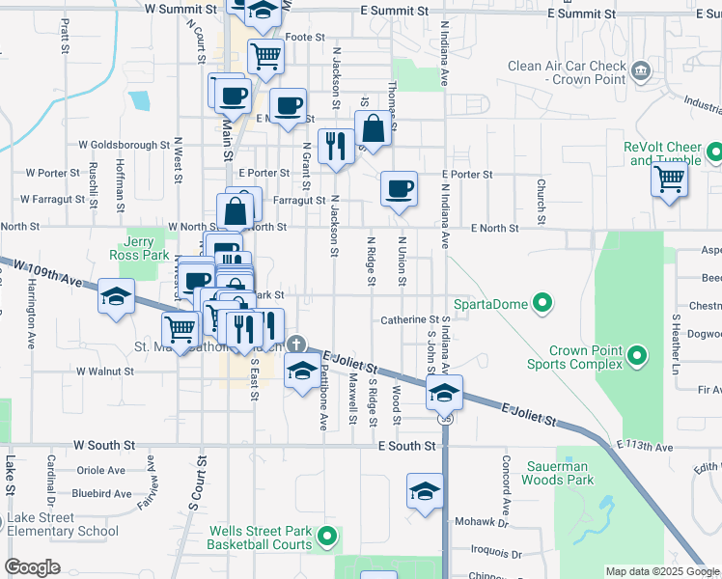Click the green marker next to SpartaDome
pyautogui.click(x=542, y=304)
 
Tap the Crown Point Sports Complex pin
pyautogui.click(x=636, y=357)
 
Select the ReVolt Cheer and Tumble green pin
pyautogui.click(x=714, y=152)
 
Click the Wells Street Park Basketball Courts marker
pyautogui.click(x=328, y=538)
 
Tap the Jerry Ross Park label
pyautogui.click(x=147, y=249)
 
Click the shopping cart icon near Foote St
pyautogui.click(x=265, y=55)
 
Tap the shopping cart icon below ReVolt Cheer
pyautogui.click(x=669, y=179)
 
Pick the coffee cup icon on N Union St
pyautogui.click(x=399, y=188)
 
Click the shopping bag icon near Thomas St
pyautogui.click(x=373, y=128)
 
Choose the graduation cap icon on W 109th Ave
pyautogui.click(x=116, y=295)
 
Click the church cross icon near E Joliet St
pyautogui.click(x=298, y=344)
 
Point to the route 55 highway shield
pyautogui.click(x=444, y=419)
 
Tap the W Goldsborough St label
pyautogui.click(x=125, y=145)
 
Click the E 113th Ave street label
pyautogui.click(x=646, y=447)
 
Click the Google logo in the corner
pyautogui.click(x=33, y=568)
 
